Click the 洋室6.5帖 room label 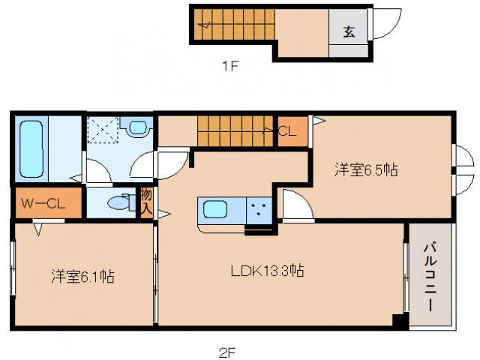click(x=366, y=171)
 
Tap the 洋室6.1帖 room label click(x=82, y=276)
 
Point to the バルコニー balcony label click(x=430, y=275)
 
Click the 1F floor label click(x=229, y=66)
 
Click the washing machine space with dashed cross click(x=103, y=129)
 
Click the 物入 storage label click(x=146, y=203)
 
